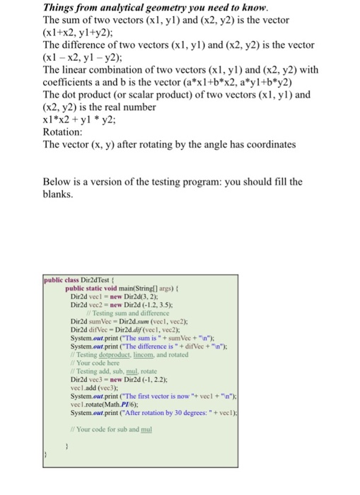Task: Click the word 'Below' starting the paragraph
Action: (x=59, y=181)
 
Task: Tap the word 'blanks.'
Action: (x=60, y=194)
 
